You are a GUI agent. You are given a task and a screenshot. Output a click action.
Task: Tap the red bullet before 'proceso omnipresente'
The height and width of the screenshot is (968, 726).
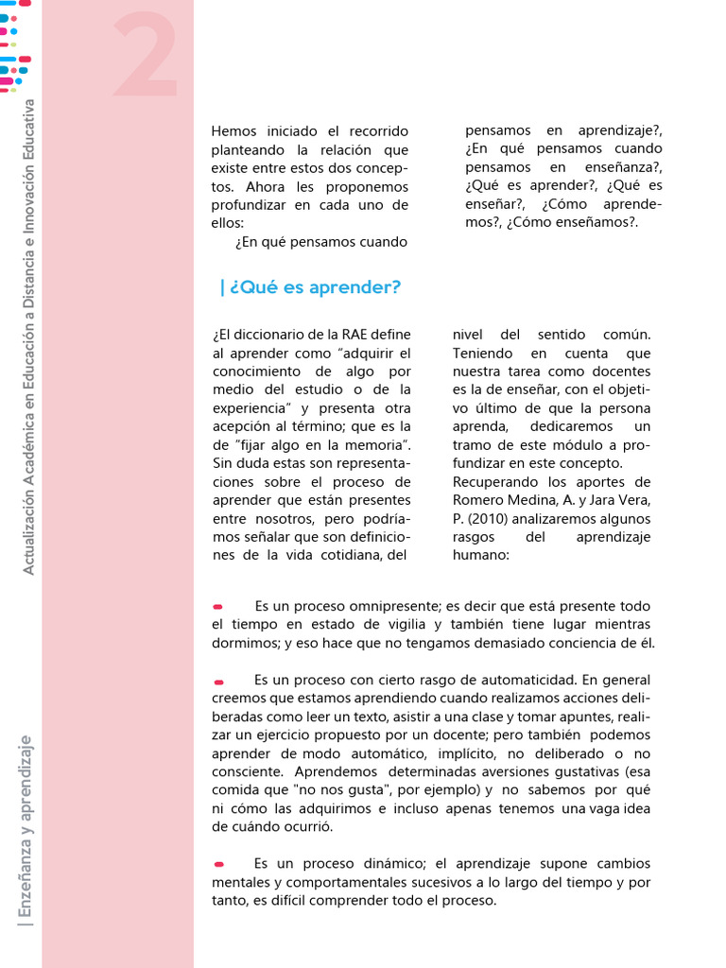click(218, 607)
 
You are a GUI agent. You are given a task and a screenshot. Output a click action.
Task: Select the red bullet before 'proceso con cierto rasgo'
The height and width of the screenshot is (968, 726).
click(218, 681)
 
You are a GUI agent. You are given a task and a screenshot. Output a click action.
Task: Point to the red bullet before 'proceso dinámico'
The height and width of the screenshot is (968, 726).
click(218, 864)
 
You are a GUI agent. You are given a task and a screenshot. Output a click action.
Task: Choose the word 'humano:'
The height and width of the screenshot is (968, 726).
click(480, 556)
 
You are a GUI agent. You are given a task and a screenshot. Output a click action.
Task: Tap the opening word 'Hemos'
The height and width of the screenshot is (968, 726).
click(233, 130)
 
